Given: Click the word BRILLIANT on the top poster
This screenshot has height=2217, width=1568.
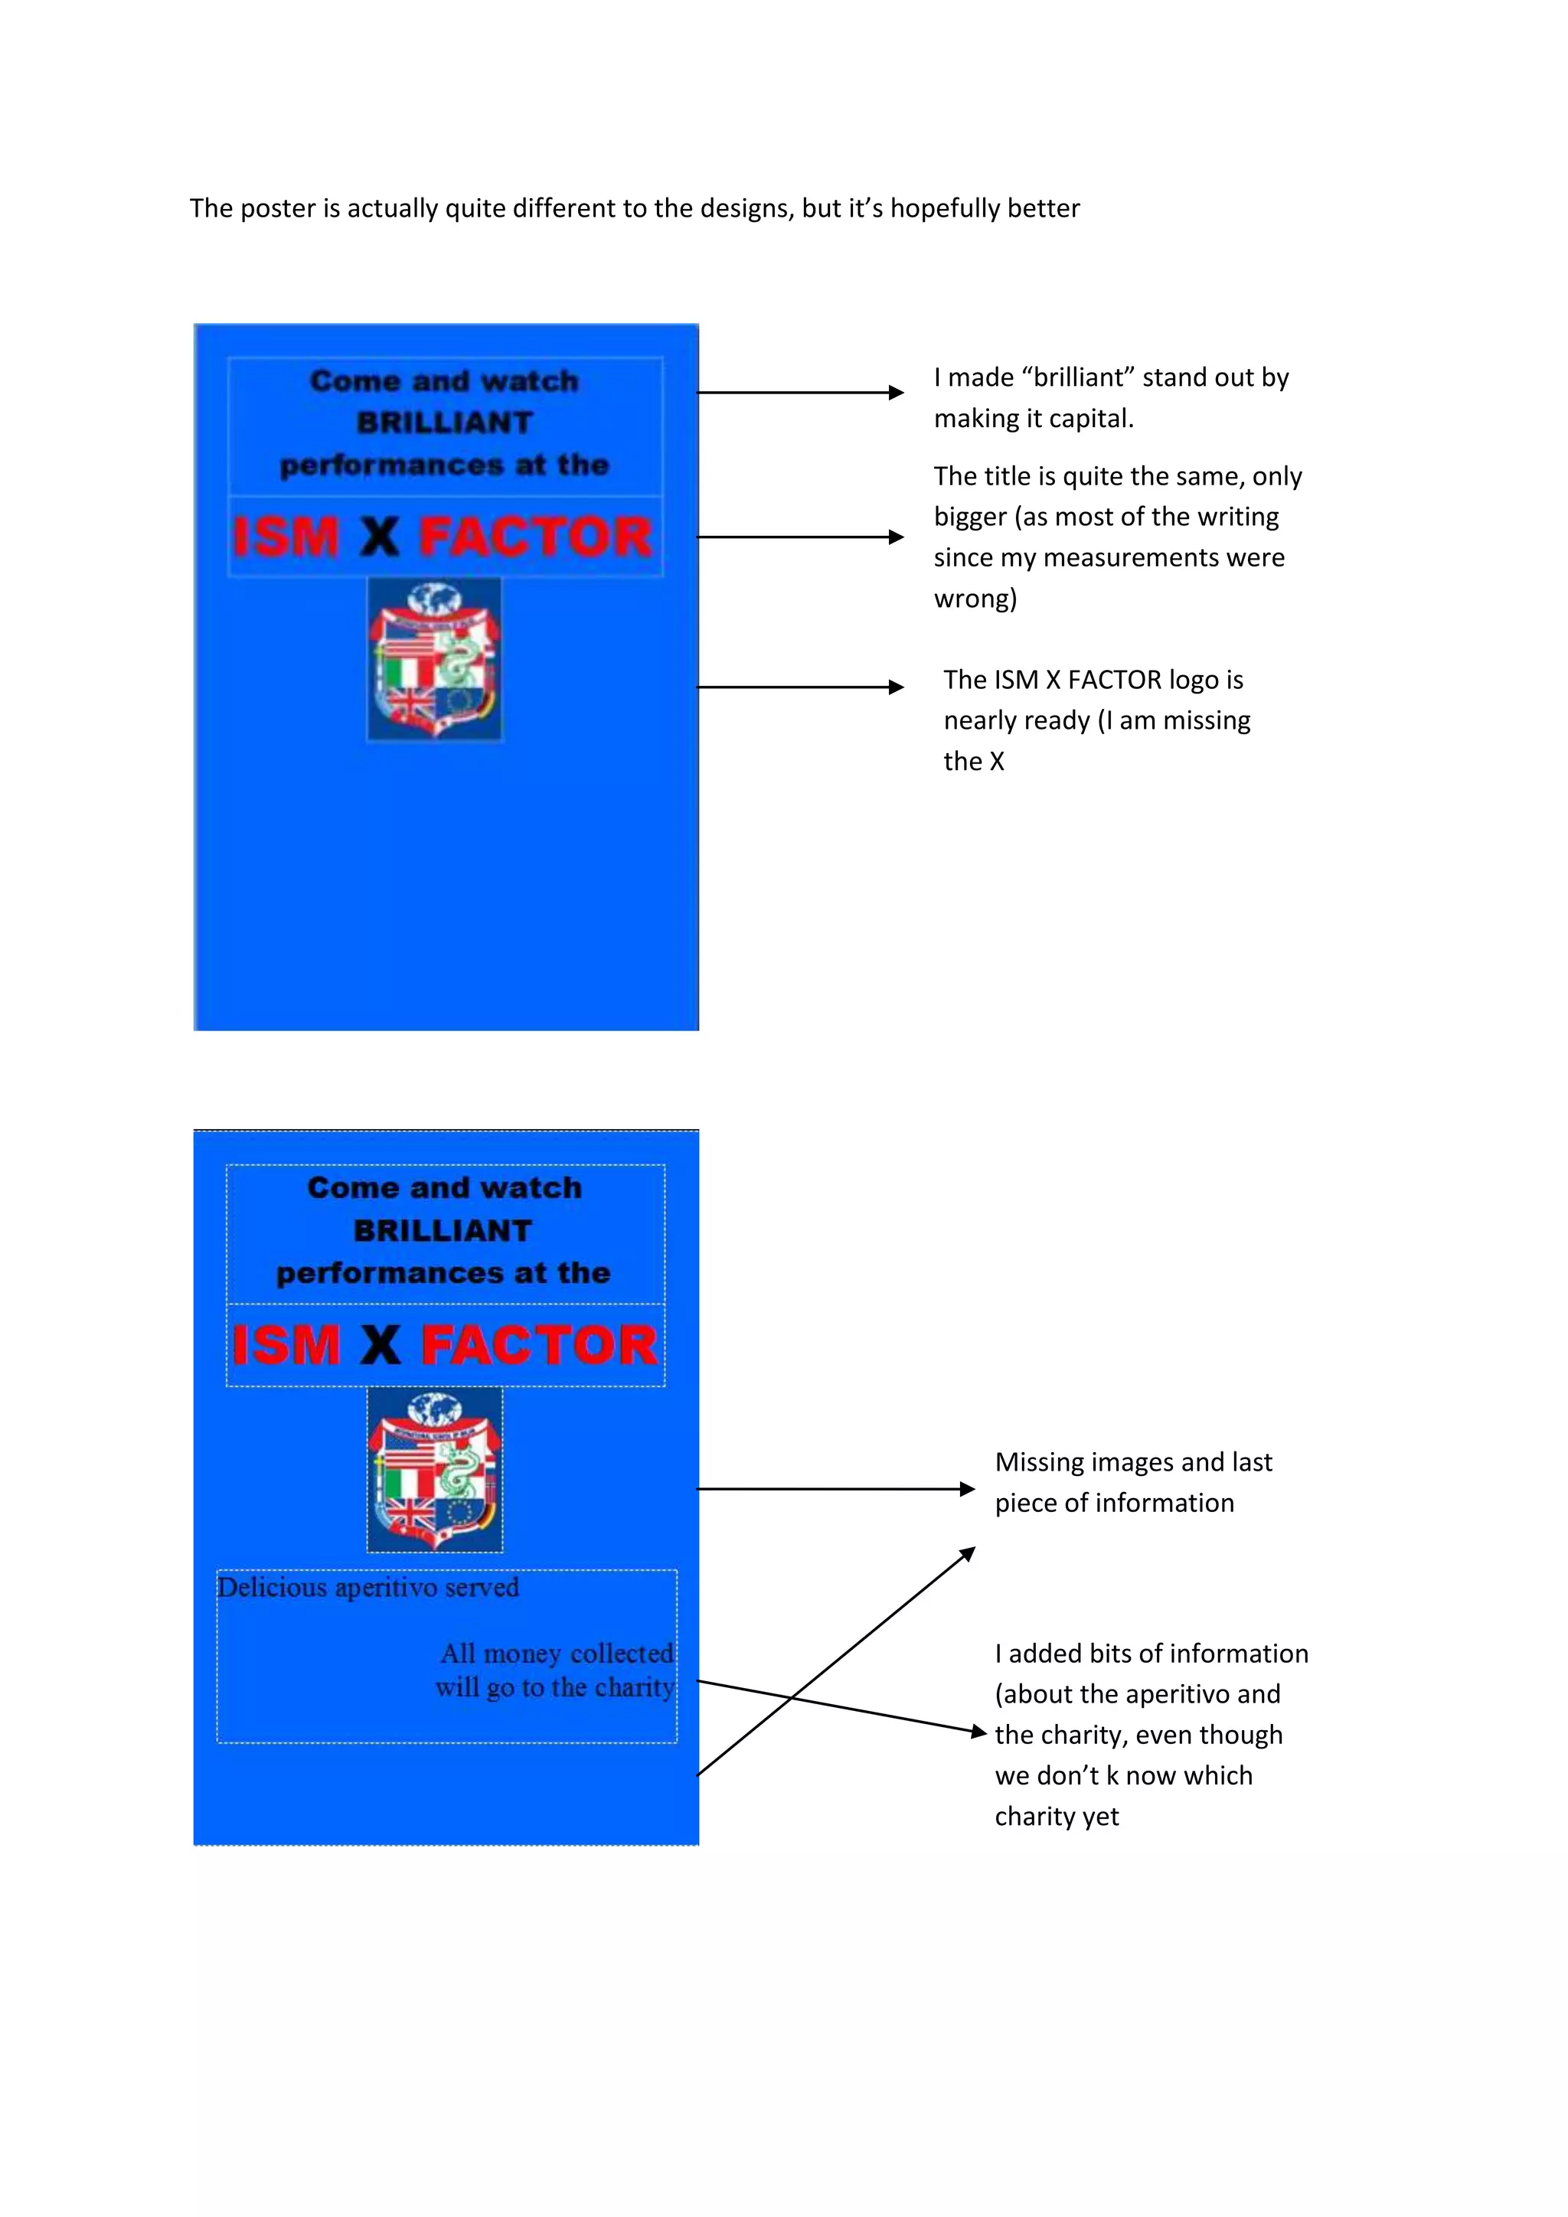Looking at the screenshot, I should [x=444, y=423].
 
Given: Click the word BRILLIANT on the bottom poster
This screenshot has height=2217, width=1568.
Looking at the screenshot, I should [x=443, y=1230].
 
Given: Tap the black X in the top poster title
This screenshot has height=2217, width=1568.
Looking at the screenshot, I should [x=380, y=537].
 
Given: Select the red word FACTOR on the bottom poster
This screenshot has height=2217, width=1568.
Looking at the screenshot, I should [x=539, y=1345].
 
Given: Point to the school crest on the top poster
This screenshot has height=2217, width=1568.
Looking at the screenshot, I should [x=434, y=659].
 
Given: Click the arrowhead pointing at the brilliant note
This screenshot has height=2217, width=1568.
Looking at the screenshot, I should [x=896, y=393].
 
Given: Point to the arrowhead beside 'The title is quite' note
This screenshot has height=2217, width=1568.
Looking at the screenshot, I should [x=896, y=537].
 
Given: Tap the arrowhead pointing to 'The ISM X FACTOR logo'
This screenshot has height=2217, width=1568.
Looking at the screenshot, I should [x=896, y=687].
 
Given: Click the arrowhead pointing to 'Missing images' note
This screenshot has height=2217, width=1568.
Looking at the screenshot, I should [x=968, y=1489].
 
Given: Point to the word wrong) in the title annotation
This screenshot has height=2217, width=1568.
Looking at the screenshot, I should [x=975, y=599].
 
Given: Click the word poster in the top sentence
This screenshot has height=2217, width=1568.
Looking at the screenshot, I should [x=277, y=208].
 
